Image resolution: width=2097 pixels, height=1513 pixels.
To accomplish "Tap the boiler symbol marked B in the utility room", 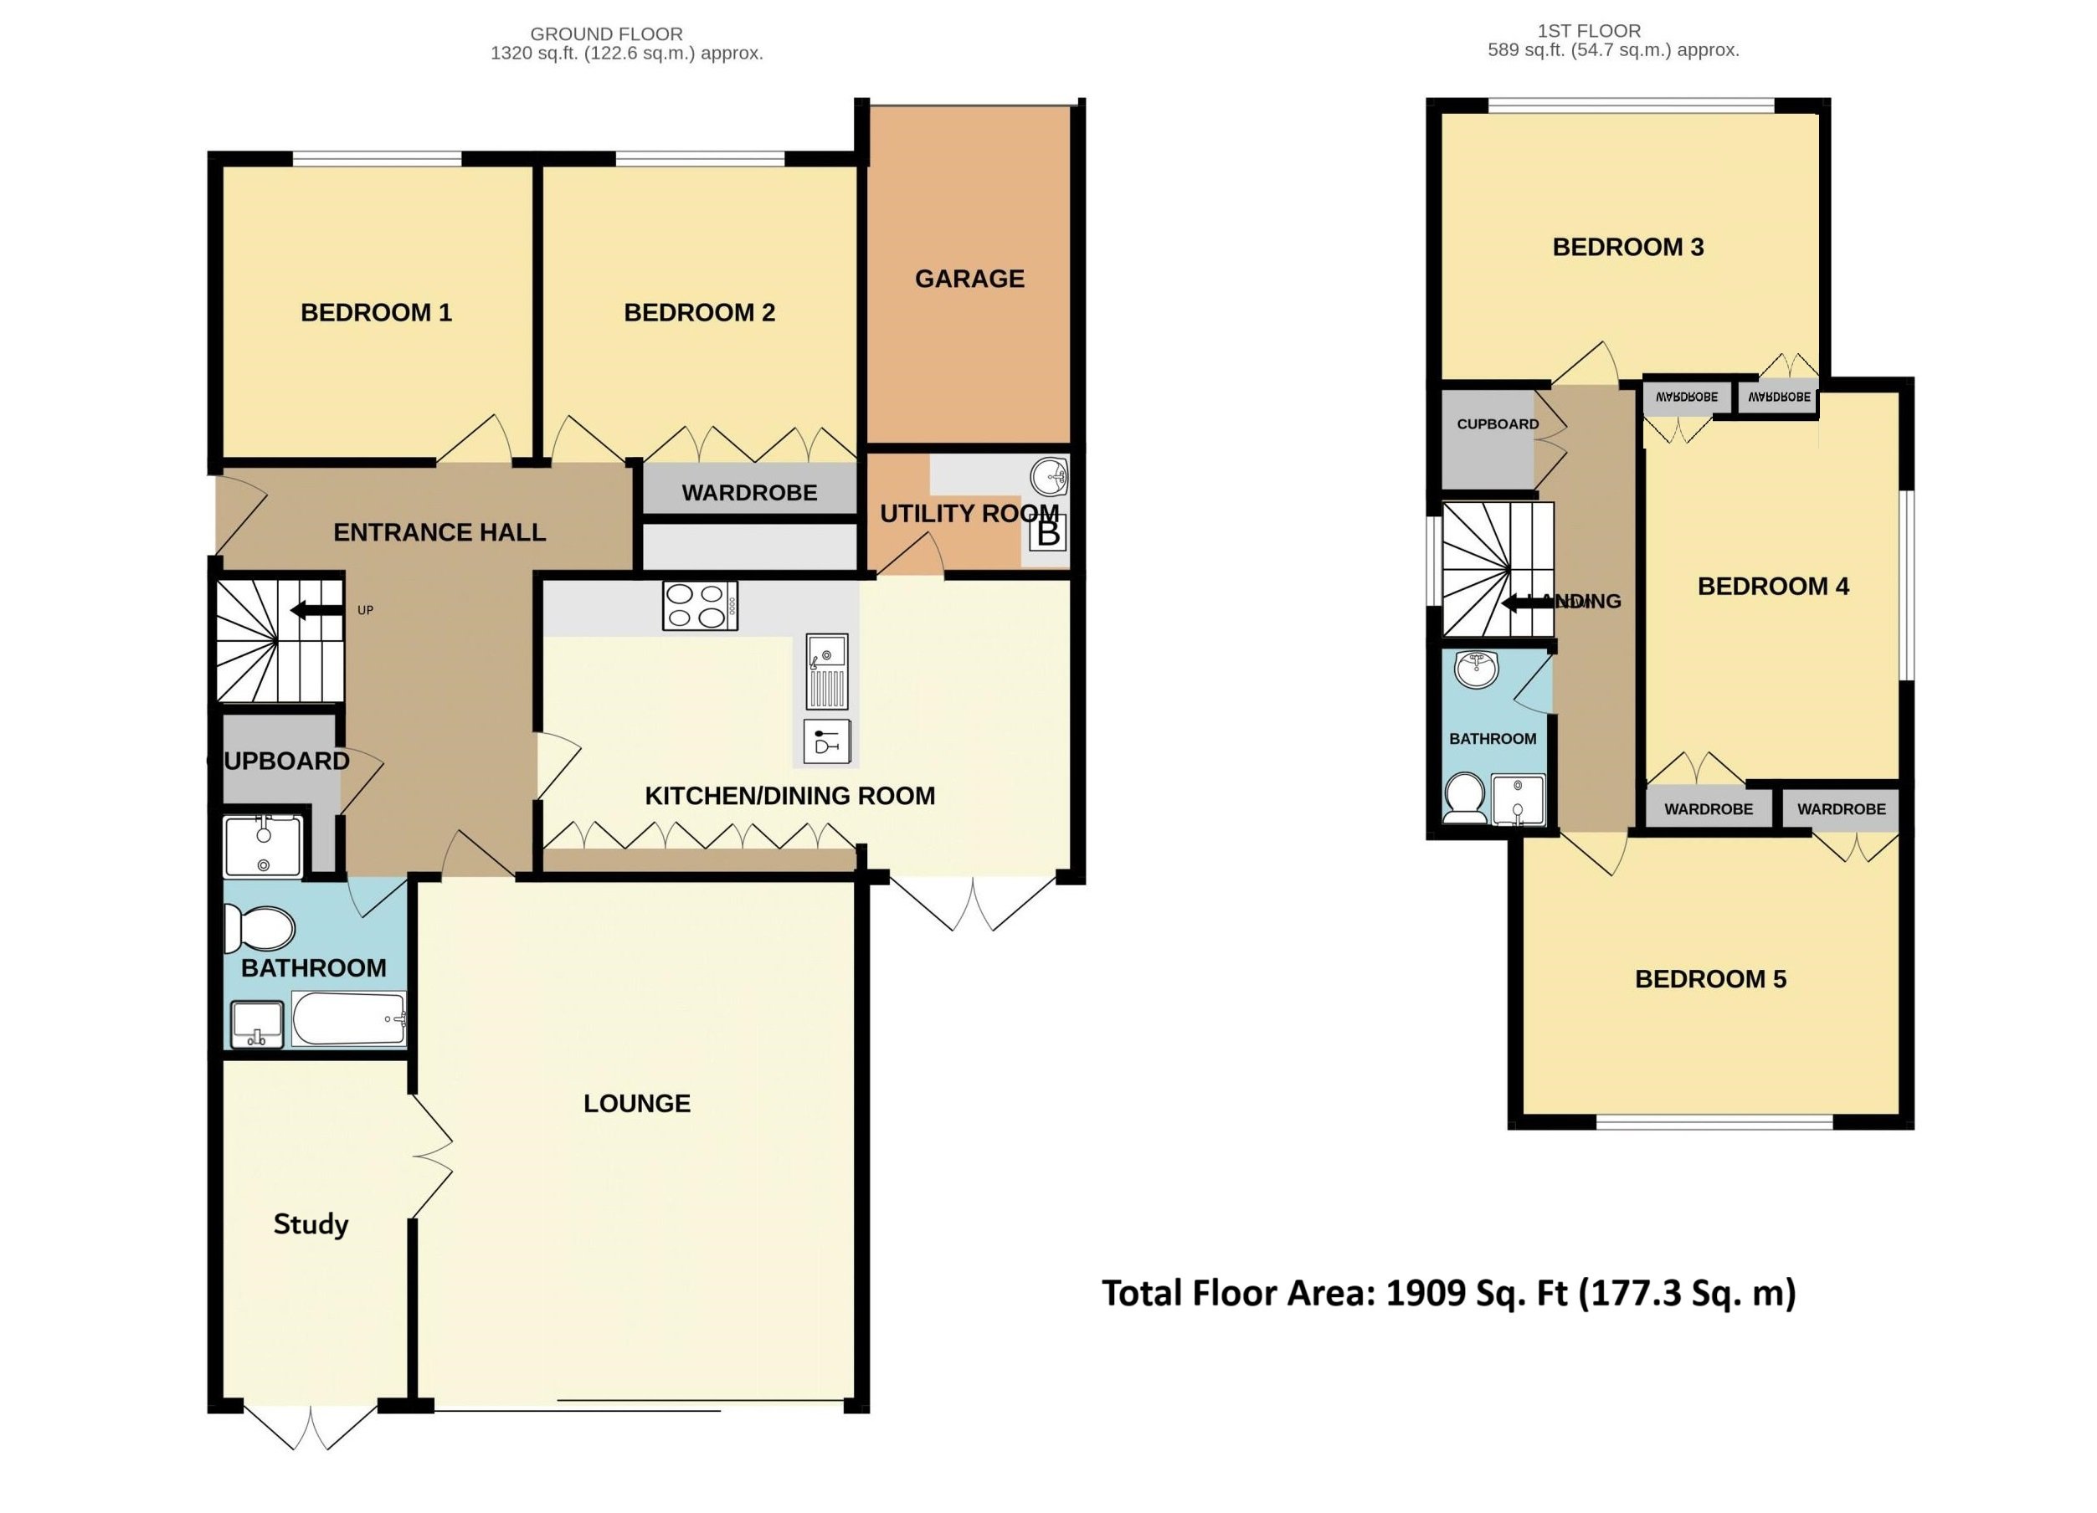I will point(1047,533).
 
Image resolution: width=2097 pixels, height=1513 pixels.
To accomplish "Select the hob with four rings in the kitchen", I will point(700,607).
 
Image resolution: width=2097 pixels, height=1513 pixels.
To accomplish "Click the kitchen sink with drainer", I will point(826,671).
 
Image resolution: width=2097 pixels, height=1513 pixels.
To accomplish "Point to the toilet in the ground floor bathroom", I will point(258,928).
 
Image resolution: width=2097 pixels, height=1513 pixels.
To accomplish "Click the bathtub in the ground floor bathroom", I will point(348,1019).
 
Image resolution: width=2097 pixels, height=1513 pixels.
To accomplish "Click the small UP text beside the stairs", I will point(365,610).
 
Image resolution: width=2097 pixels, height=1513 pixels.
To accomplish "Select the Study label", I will point(311,1223).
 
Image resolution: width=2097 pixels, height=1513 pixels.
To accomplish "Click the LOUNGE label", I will point(637,1103).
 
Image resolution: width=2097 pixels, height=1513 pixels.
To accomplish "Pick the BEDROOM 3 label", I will point(1627,247).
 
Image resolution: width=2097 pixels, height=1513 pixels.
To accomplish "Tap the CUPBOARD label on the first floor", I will point(1498,424).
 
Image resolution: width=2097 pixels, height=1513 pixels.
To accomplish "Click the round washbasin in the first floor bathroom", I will point(1477,669).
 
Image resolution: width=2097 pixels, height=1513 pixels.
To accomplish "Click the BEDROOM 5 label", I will point(1710,979).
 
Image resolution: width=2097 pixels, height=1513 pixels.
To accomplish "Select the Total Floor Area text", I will point(1449,1293).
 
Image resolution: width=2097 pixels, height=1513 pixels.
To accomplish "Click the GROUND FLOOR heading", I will point(607,34).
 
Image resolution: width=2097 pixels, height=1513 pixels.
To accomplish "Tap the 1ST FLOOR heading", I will point(1589,30).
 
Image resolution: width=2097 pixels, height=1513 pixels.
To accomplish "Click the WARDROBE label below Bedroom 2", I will point(749,493).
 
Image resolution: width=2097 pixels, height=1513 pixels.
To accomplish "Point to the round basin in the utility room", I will point(1051,477).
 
